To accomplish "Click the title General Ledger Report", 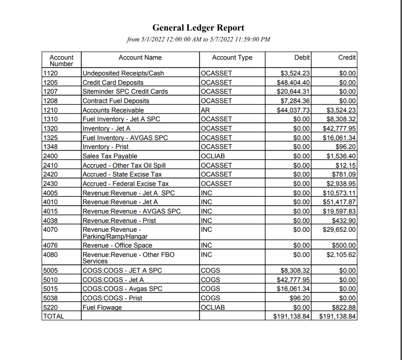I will click(x=198, y=28).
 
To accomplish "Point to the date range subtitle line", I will click(x=198, y=39).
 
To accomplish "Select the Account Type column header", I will click(x=232, y=58).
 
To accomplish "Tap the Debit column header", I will click(x=302, y=58).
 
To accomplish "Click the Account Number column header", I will click(x=62, y=61).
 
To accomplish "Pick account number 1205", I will click(x=51, y=82).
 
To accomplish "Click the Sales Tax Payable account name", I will click(x=110, y=156).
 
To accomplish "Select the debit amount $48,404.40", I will click(x=294, y=82).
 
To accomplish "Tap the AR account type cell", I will click(x=205, y=110).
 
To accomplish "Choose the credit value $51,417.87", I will click(x=339, y=202).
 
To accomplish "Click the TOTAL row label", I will click(x=54, y=316).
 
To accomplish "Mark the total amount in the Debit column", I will click(x=291, y=316).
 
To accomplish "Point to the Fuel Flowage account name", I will click(x=102, y=307).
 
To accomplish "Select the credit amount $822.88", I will click(x=344, y=307).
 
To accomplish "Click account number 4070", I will click(x=51, y=230).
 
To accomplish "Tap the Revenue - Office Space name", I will click(x=117, y=245).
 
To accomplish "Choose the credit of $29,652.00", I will click(x=339, y=230).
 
